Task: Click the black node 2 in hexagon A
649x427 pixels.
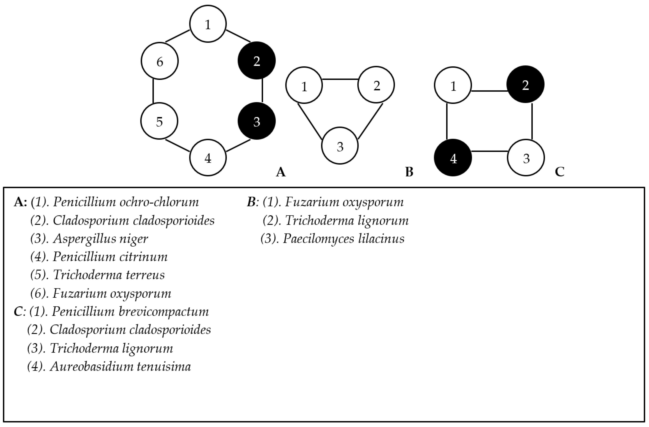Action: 256,61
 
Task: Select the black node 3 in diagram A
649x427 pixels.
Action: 256,121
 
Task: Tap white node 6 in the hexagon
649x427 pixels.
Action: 160,61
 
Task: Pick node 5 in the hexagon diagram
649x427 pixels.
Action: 159,121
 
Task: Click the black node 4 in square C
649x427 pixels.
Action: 453,158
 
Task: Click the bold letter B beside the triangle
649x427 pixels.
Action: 409,172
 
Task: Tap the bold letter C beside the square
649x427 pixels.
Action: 560,172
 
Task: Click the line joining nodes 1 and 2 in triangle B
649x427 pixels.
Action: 340,79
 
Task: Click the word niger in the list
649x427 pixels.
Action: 134,239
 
